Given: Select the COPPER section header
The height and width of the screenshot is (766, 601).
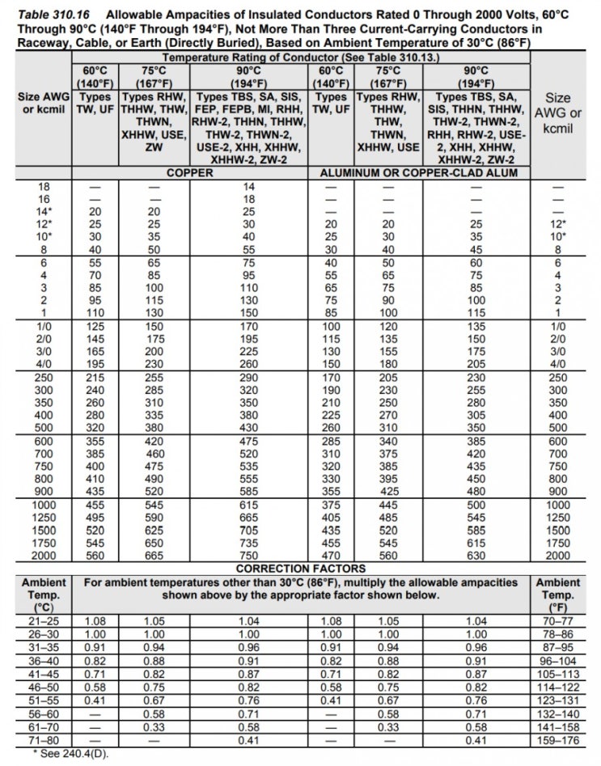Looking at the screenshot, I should [189, 172].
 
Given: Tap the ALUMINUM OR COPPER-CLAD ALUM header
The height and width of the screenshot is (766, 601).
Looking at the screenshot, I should [420, 172].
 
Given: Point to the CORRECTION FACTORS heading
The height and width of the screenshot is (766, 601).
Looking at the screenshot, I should [300, 568].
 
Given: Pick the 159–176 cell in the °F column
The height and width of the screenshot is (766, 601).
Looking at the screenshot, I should [557, 740].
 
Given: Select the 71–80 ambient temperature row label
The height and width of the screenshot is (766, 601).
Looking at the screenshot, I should [44, 740].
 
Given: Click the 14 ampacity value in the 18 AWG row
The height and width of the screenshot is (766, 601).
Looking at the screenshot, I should [249, 186].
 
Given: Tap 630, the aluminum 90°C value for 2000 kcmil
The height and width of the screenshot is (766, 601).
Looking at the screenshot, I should [476, 557].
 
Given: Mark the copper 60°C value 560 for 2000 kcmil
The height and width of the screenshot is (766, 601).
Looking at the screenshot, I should [97, 557].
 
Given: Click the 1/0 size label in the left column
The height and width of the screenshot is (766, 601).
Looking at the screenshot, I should [44, 325].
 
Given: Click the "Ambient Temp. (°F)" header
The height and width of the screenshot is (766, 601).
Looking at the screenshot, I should [557, 594].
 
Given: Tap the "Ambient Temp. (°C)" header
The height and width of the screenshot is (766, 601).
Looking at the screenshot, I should [44, 594].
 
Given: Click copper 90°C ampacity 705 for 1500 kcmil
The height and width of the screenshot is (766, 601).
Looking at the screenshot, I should [249, 532].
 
